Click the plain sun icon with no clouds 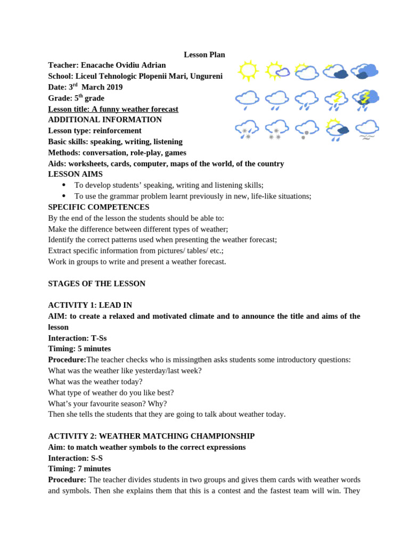(x=248, y=70)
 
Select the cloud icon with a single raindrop (x=247, y=100)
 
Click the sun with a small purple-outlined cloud (x=277, y=70)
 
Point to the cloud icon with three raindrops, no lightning (x=307, y=100)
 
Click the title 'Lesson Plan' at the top (x=204, y=54)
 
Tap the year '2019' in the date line (x=112, y=87)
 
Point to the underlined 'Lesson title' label (x=69, y=109)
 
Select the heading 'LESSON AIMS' (x=75, y=174)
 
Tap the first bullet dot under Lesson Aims (x=64, y=185)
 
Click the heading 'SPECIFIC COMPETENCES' (x=99, y=207)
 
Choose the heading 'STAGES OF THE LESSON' (x=96, y=284)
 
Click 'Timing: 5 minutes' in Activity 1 (x=79, y=349)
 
